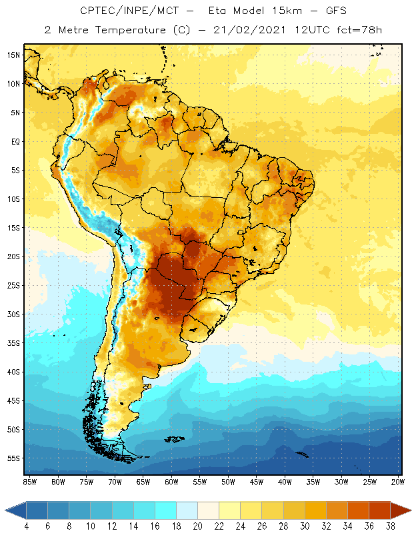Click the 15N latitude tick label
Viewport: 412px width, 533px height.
tap(13, 55)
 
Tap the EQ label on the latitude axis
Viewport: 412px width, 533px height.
tap(14, 141)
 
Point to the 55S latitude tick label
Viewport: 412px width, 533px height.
tap(13, 458)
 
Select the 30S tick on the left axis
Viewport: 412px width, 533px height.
tap(13, 314)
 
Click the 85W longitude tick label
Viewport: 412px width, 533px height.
tap(29, 482)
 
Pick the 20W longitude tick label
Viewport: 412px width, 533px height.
tap(397, 482)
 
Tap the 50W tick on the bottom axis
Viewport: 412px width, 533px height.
tap(228, 482)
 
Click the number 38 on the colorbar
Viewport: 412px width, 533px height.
tap(390, 526)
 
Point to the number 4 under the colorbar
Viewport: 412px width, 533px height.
tap(27, 526)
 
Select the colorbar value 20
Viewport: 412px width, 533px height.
tap(198, 526)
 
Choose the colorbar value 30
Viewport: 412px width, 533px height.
tap(305, 526)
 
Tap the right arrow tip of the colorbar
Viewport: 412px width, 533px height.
tap(409, 510)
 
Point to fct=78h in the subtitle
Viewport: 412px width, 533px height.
tap(358, 29)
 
